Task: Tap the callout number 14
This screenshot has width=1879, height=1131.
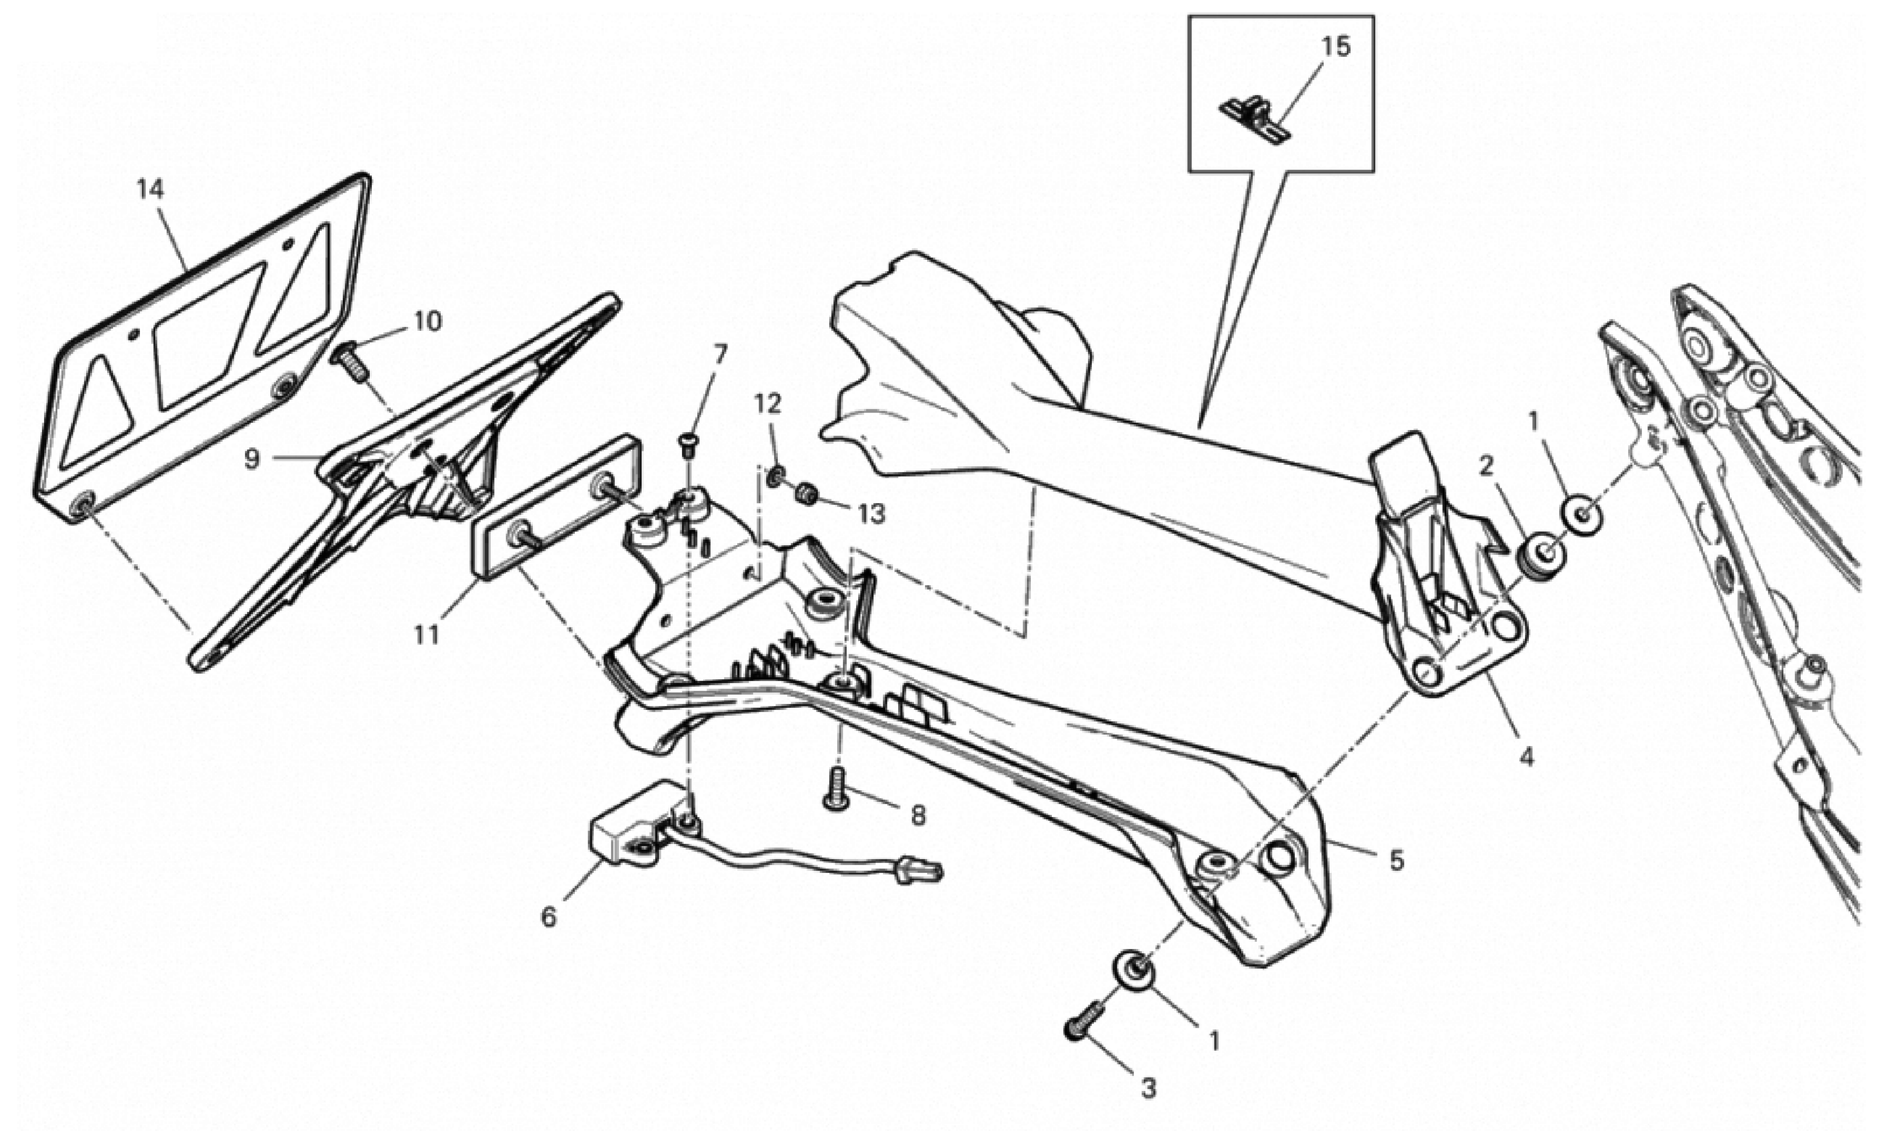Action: click(150, 189)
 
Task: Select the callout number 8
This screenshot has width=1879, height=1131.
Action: click(918, 816)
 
